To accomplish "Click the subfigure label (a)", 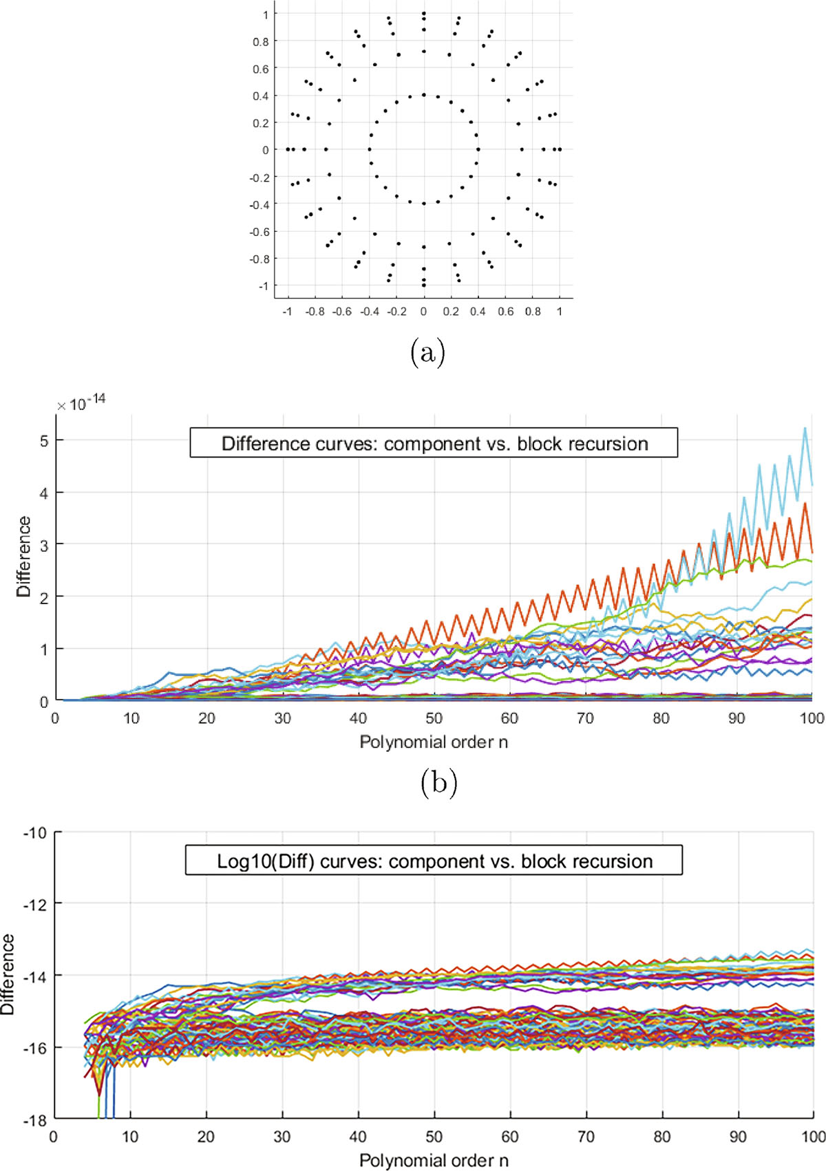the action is click(x=428, y=354).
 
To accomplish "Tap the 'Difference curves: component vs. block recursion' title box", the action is click(x=434, y=443).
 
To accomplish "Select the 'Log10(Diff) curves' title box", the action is click(x=434, y=860).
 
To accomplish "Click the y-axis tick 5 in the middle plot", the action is click(x=43, y=440).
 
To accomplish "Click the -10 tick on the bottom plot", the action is click(x=34, y=832).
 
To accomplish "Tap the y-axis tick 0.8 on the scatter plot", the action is click(x=260, y=42).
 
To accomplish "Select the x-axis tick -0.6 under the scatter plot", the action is click(x=341, y=312).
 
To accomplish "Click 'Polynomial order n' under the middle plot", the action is click(x=434, y=741).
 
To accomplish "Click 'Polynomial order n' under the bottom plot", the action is click(x=434, y=1159).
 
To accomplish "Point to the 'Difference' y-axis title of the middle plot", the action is click(x=23, y=556).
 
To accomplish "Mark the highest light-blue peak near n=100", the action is click(x=805, y=428).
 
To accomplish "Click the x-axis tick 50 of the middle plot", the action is click(x=434, y=718).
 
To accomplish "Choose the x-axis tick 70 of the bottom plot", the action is click(x=585, y=1137).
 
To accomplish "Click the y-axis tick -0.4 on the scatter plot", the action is click(x=259, y=205).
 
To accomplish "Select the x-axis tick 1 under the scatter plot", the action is click(x=560, y=312).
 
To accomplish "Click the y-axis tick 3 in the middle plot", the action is click(x=43, y=544).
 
